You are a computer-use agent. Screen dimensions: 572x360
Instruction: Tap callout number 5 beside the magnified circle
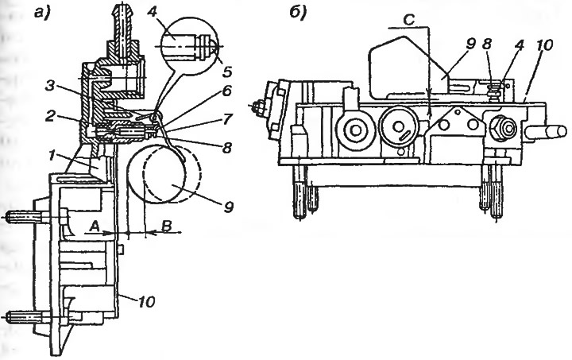pos(227,72)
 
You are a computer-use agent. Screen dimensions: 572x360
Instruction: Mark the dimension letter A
pos(95,226)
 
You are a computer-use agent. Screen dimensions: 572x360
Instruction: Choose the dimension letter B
pos(166,226)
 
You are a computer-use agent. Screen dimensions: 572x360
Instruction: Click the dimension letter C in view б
pos(410,20)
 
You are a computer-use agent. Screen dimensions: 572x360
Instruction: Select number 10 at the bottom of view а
pos(146,302)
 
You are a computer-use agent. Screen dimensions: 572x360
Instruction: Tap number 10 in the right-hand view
pos(544,45)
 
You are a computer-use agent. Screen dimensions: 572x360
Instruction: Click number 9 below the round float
pos(228,207)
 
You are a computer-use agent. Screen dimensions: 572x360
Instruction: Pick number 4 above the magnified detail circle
pos(153,14)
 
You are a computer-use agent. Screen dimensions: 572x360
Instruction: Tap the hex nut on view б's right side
pos(503,129)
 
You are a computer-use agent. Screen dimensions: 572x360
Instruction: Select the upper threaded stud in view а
pos(22,218)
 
